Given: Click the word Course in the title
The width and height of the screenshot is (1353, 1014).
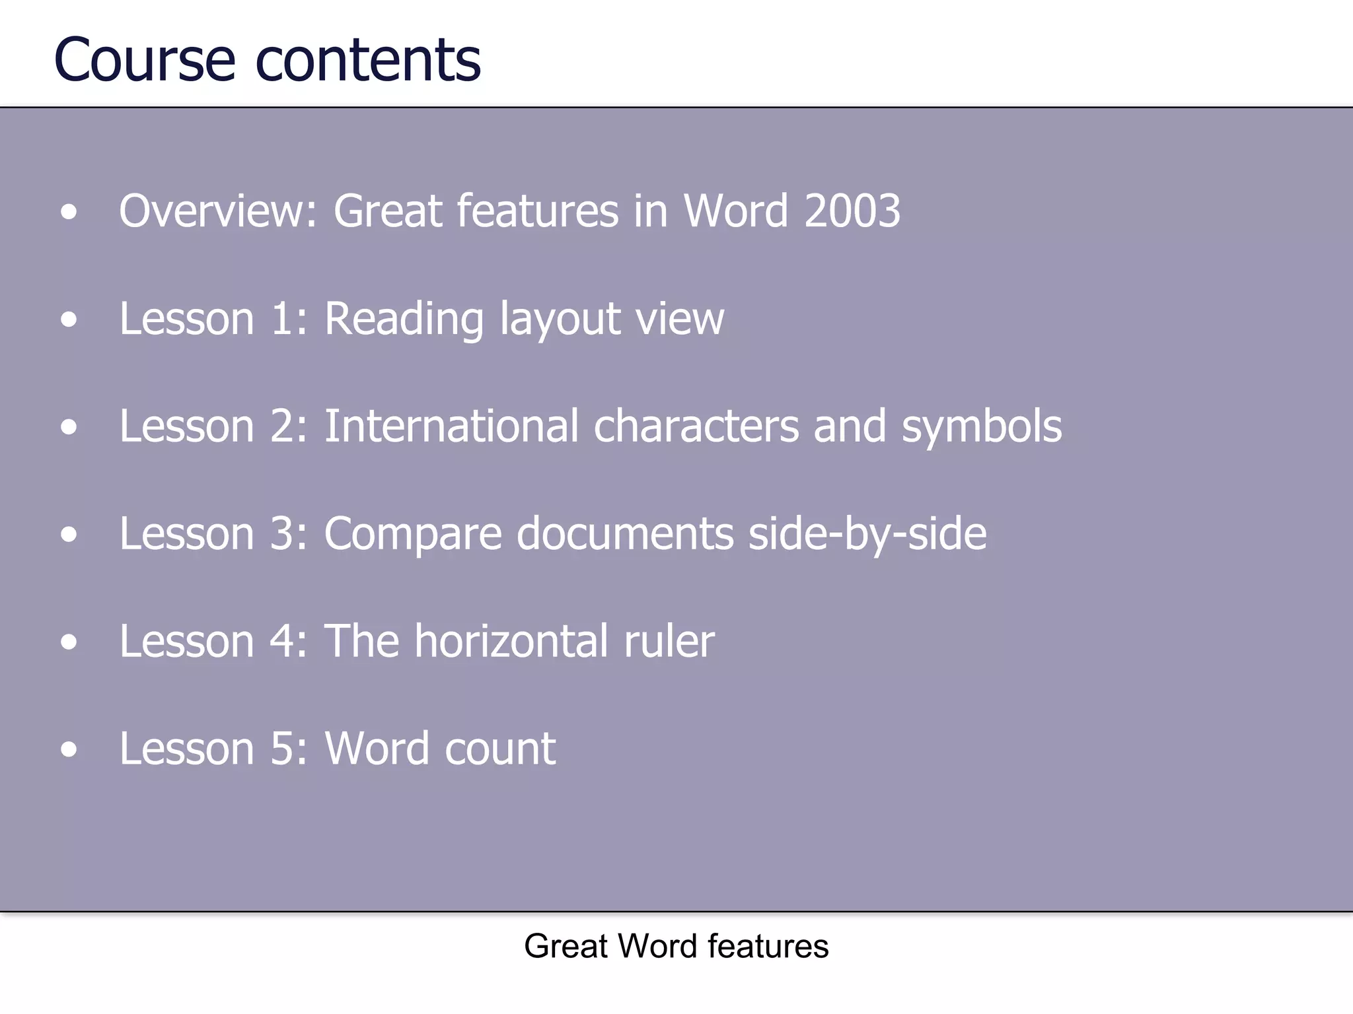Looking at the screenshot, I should click(145, 61).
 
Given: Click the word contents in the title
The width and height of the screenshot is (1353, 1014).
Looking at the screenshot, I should click(368, 61).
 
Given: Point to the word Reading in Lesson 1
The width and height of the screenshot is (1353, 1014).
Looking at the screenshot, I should click(404, 320).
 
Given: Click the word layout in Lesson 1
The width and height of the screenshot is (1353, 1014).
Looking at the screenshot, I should click(560, 320).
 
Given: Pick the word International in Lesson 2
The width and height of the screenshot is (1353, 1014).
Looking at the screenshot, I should click(451, 426).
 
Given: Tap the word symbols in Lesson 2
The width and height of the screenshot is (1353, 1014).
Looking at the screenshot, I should click(982, 427).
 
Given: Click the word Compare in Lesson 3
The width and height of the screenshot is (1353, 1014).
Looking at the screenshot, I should click(413, 534).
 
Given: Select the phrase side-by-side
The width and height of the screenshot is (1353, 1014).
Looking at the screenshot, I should click(867, 534).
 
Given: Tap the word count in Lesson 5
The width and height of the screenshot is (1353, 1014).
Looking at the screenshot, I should click(500, 749).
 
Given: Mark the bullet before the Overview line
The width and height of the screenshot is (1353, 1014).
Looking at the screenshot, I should click(69, 213).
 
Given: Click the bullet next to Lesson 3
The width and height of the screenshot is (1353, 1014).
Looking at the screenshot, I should click(69, 535).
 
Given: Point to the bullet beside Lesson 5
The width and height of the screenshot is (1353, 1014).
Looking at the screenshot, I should click(69, 750).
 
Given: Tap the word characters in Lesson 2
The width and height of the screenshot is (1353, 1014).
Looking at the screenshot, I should click(696, 426).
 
